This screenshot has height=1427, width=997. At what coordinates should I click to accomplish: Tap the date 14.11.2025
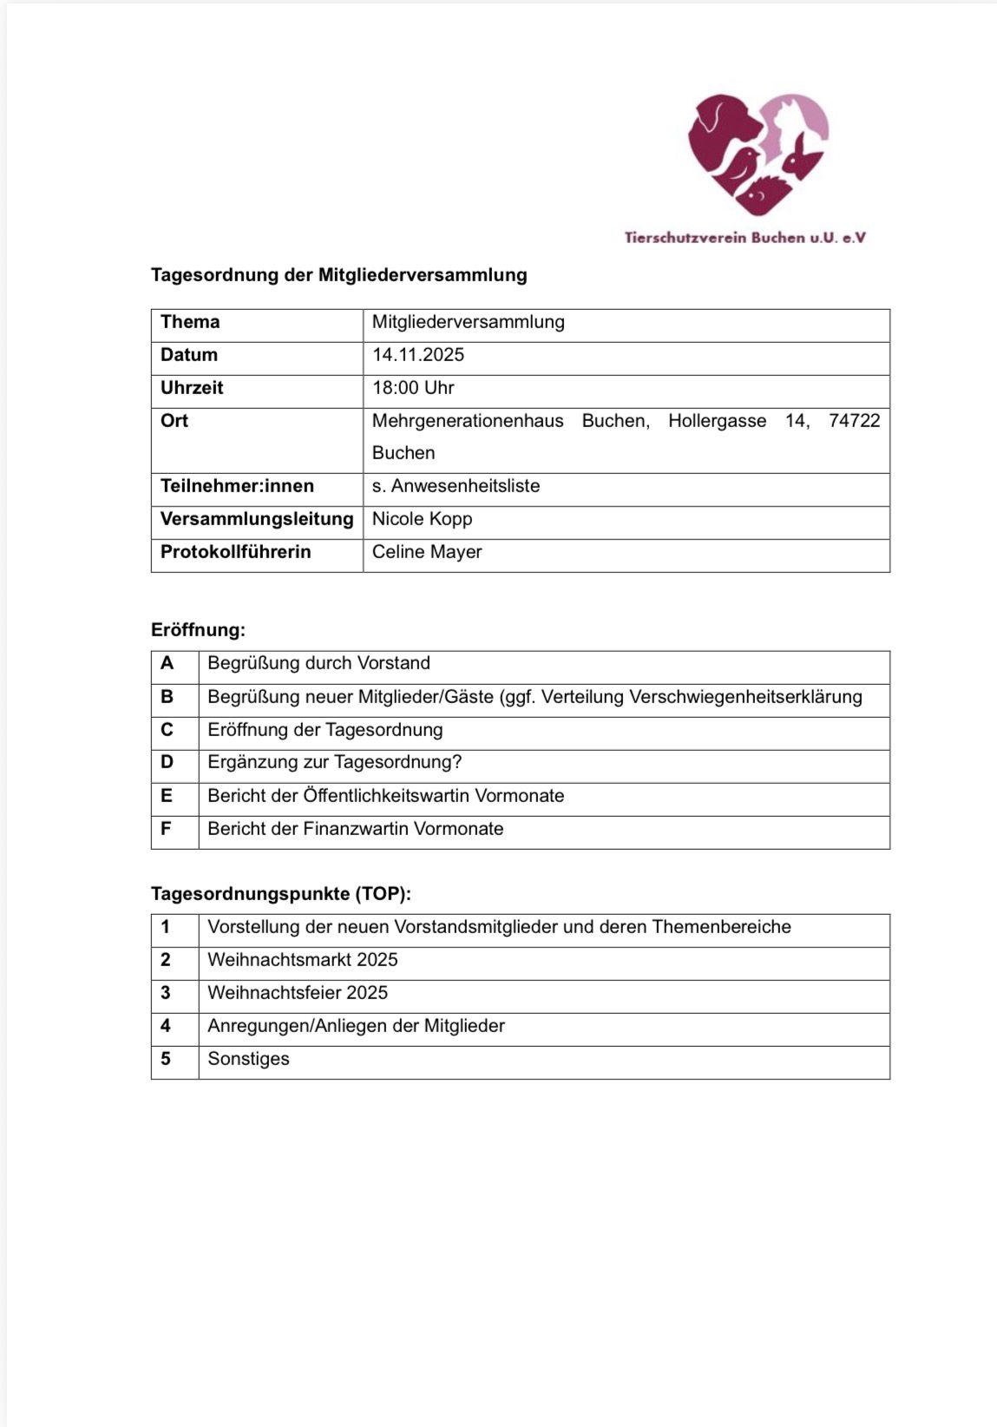tap(418, 355)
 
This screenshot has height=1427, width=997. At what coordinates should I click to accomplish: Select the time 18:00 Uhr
tap(413, 388)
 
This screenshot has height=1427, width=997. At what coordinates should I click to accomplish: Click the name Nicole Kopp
tap(422, 519)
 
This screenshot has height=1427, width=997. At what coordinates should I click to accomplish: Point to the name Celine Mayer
tap(427, 552)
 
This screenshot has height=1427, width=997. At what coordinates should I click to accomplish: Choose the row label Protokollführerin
tap(235, 552)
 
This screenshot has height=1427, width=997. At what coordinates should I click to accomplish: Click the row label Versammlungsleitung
tap(257, 519)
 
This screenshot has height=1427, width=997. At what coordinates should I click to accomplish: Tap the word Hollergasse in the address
tap(717, 421)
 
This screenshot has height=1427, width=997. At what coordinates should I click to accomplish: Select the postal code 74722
tap(854, 421)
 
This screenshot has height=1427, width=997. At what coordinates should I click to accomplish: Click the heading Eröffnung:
tap(198, 630)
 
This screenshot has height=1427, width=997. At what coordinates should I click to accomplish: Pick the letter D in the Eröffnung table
tap(167, 762)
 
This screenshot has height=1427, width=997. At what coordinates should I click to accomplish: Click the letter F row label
tap(166, 828)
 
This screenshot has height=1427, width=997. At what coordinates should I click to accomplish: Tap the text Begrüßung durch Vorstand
tap(318, 663)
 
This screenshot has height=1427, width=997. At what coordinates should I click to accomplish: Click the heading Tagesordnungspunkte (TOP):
tap(281, 894)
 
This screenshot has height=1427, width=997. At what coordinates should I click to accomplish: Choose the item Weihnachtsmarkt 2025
tap(303, 960)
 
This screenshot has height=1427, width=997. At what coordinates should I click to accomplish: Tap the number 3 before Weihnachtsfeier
tap(166, 993)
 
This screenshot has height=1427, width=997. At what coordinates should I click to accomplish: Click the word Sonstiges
tap(248, 1059)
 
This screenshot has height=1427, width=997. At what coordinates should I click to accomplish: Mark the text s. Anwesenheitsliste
tap(456, 486)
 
